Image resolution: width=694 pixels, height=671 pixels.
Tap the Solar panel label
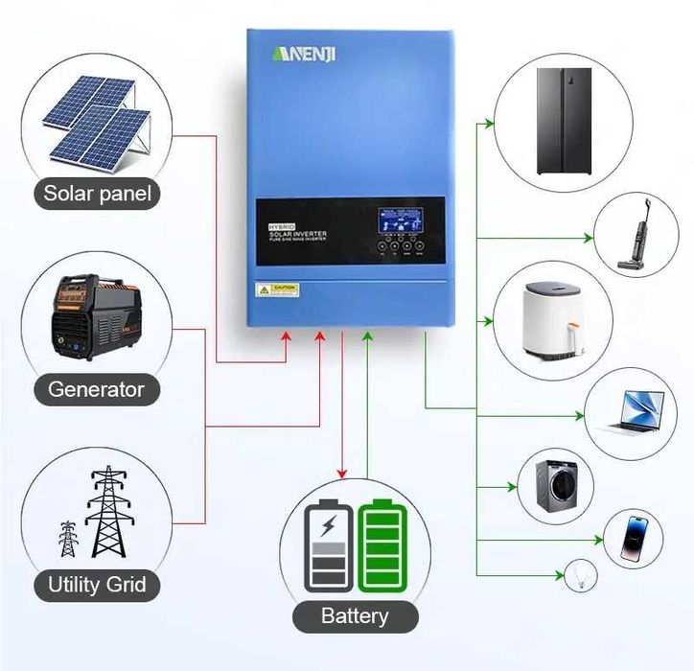click(x=97, y=194)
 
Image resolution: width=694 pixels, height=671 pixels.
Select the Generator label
click(x=96, y=389)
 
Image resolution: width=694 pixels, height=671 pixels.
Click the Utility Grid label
click(x=97, y=584)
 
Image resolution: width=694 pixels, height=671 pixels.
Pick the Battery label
click(x=355, y=615)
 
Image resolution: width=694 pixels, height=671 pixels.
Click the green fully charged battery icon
click(x=381, y=545)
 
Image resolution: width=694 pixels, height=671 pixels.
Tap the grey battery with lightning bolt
click(x=328, y=545)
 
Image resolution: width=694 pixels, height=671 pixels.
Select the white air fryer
click(x=544, y=324)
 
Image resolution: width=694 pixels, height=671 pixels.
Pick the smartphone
click(x=634, y=540)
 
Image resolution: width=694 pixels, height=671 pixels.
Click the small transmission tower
click(x=67, y=540)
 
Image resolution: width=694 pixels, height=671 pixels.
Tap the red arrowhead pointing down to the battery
click(x=341, y=473)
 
